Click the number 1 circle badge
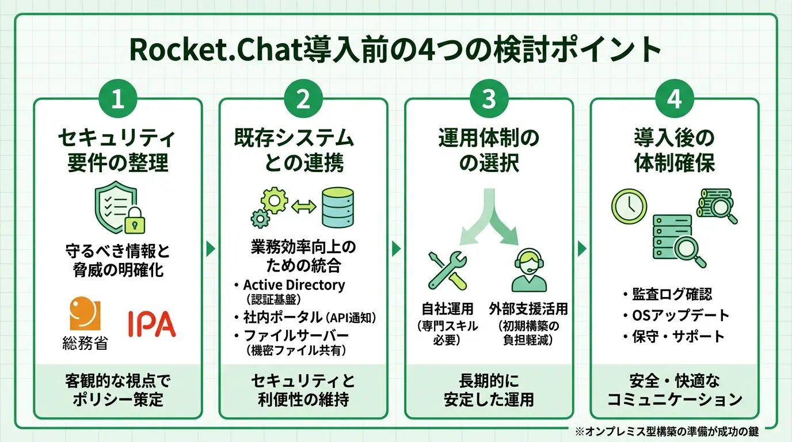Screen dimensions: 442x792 (117, 99)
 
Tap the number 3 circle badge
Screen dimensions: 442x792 (489, 99)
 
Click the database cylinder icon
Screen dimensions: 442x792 (338, 207)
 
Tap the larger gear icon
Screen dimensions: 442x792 (274, 201)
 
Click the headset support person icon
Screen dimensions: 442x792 (528, 269)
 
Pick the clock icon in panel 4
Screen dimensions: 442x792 (626, 205)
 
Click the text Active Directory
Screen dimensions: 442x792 (294, 285)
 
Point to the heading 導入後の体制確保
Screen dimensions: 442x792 (674, 150)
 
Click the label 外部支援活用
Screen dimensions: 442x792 (528, 309)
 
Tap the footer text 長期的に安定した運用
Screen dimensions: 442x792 (489, 390)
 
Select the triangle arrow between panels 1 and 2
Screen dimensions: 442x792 (211, 249)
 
